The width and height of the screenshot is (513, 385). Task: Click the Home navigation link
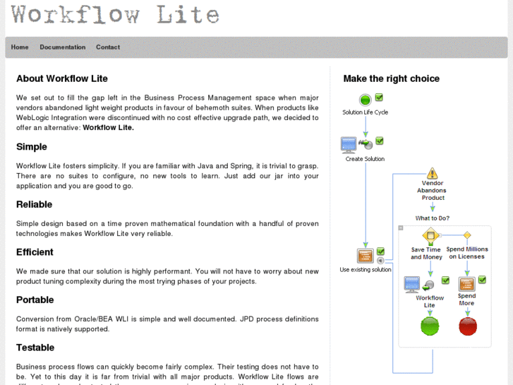tap(20, 47)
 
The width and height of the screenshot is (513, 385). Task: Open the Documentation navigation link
tap(62, 47)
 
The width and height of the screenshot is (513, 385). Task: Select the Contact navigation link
tap(108, 47)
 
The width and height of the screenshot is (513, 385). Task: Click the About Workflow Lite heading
tap(62, 78)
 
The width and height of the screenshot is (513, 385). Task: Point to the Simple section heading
tap(32, 147)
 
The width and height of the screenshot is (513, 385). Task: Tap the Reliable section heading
tap(35, 204)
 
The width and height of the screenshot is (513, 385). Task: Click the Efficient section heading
tap(35, 252)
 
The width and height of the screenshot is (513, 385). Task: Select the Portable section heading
tap(35, 300)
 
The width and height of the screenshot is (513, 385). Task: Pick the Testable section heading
tap(35, 348)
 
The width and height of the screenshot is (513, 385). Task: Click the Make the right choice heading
tap(391, 78)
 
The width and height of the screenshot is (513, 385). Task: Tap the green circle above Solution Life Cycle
tap(365, 100)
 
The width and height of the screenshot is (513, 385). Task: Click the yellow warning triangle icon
tap(433, 173)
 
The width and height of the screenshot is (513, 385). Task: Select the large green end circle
tap(430, 326)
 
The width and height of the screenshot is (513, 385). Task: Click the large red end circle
tap(467, 326)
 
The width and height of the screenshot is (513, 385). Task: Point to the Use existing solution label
tap(365, 270)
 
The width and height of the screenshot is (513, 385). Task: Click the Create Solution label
tap(365, 159)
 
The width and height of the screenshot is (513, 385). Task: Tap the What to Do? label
tap(433, 218)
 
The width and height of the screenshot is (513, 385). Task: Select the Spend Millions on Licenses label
tap(467, 253)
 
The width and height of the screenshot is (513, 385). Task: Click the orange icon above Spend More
tap(466, 284)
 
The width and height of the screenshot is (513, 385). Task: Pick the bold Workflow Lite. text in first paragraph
tap(108, 128)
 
